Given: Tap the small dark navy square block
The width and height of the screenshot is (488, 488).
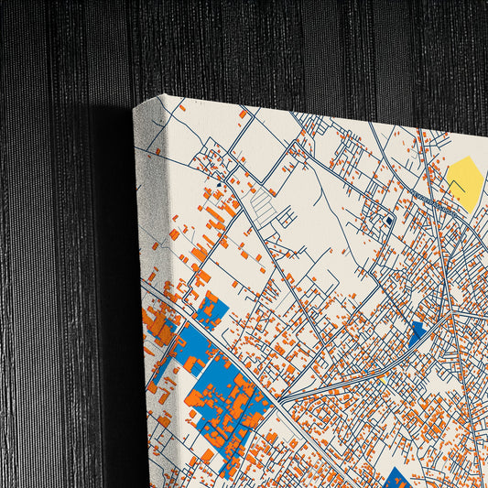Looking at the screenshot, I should click(389, 221).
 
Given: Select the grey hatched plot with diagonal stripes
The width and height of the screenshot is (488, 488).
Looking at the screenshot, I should click(264, 205).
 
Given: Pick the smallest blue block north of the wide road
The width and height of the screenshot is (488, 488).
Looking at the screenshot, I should click(211, 310).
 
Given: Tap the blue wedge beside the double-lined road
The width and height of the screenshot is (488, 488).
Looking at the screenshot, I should click(417, 334).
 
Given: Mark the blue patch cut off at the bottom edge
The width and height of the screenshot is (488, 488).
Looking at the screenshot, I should click(396, 477).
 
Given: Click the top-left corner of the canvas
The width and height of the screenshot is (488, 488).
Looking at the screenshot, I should click(163, 95).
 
